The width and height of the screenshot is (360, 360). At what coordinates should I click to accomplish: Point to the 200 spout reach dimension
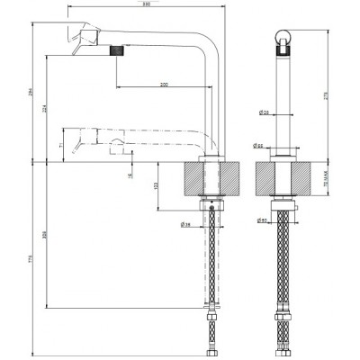pyautogui.click(x=163, y=84)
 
